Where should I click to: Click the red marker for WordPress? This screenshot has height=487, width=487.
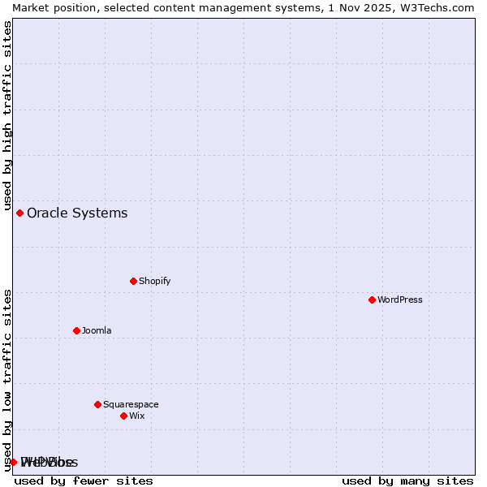[x=372, y=300]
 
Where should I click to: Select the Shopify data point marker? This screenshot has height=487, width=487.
[x=133, y=281]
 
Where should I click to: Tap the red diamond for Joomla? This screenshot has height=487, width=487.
[x=76, y=330]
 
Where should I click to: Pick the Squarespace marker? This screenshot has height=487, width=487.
[x=97, y=404]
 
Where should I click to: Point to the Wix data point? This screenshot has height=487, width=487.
[x=123, y=416]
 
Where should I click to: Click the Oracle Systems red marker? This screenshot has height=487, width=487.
[x=19, y=213]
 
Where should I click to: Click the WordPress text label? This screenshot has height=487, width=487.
[x=400, y=300]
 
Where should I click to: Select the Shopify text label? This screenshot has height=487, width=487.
[x=154, y=281]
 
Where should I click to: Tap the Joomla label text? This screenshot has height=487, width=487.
[x=97, y=330]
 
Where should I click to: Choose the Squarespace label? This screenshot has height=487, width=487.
[x=131, y=404]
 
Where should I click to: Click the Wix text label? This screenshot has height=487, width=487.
[x=136, y=416]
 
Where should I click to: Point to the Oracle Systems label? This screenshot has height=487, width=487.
[x=77, y=213]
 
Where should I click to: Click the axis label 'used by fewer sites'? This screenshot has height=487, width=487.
[x=84, y=481]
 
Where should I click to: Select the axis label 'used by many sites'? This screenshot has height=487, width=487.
[x=407, y=481]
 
